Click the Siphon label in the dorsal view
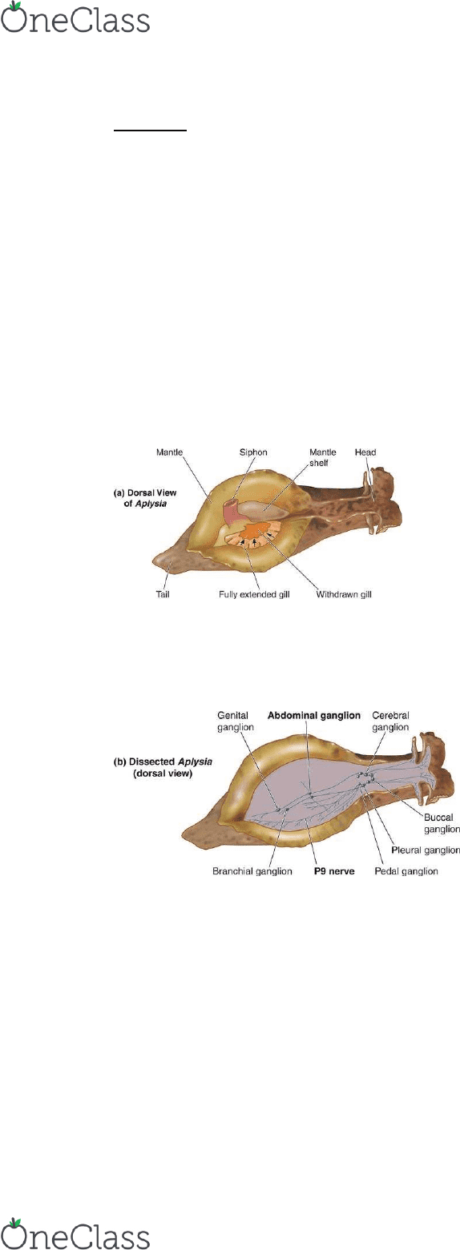[253, 452]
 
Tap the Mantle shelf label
[323, 457]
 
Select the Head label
[365, 452]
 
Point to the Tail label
[163, 593]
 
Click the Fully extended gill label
[254, 594]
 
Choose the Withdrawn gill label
[344, 594]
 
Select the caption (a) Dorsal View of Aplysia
[145, 498]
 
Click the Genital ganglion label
[235, 721]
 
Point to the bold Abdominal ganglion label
[314, 715]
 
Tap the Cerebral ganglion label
[391, 721]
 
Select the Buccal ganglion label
[441, 823]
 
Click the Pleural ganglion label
[426, 850]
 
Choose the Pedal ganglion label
[406, 871]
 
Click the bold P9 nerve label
[334, 871]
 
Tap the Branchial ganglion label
[252, 871]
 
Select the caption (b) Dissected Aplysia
[163, 767]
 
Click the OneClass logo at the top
[75, 18]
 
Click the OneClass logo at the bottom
[75, 1232]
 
